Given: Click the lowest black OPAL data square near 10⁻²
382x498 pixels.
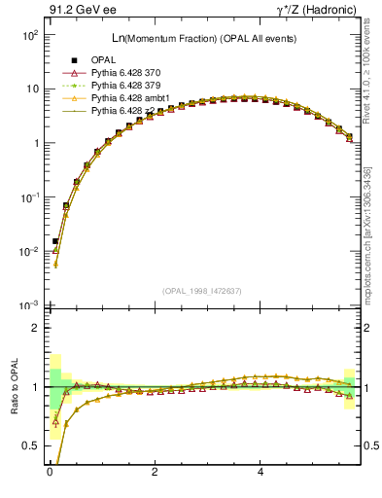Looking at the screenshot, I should (55, 240).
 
